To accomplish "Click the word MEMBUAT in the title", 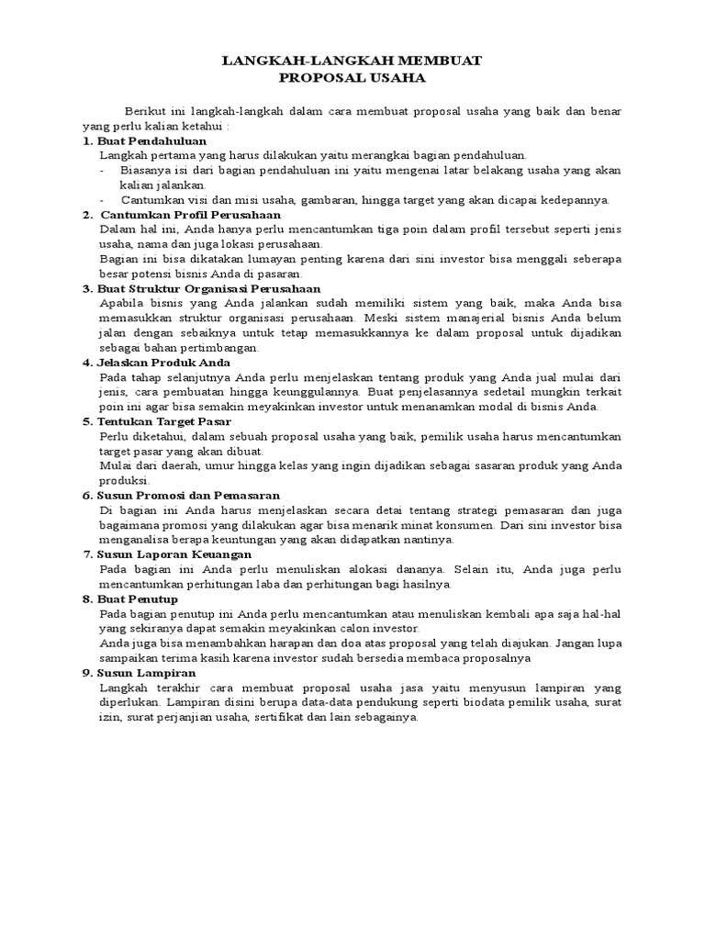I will coord(440,61).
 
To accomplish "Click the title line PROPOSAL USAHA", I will coord(352,78).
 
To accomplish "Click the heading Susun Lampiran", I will coord(147,673).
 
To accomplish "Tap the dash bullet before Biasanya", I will coord(102,171).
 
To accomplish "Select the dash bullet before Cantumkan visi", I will coord(102,200).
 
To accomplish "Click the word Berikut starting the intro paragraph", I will coord(148,111).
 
